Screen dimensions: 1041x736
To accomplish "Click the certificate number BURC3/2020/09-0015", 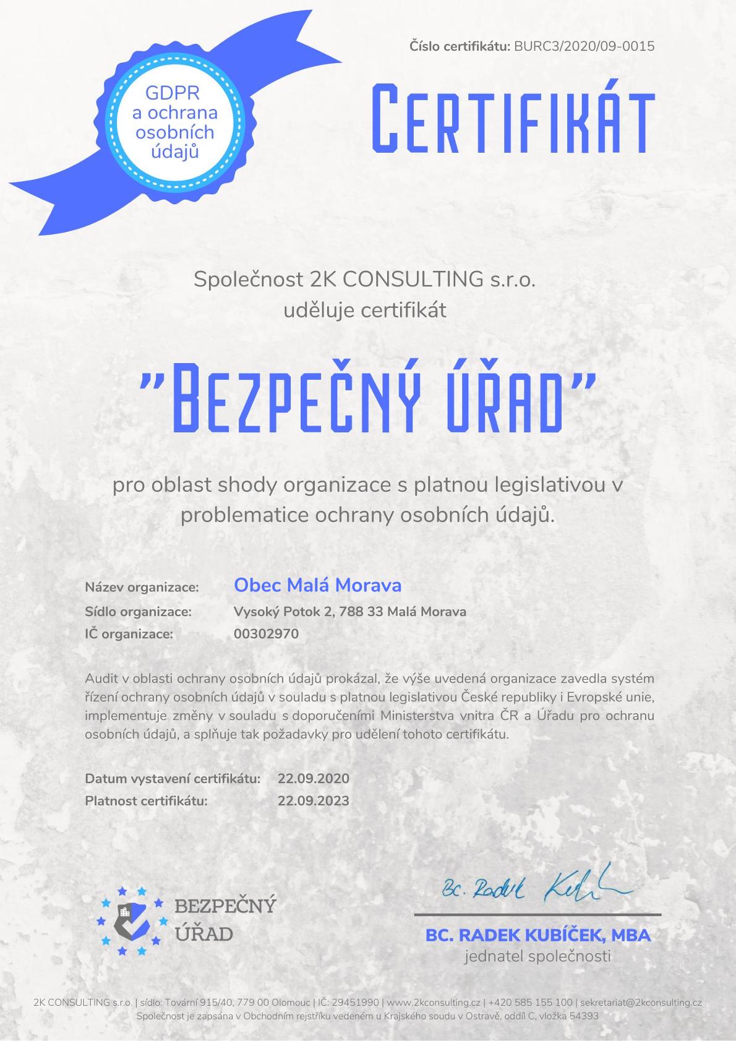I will coord(584,46).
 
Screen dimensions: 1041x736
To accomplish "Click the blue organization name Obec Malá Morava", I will coord(317,585).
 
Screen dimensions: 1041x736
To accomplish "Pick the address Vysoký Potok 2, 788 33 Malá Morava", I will coord(349,612).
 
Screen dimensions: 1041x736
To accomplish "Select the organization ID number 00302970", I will coord(266,634).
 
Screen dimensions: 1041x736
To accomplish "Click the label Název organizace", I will coord(142,587).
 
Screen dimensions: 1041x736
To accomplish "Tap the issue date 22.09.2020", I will coord(313,778).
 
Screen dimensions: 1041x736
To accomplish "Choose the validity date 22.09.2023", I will coord(313,800).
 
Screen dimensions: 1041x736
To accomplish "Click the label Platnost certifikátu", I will coord(146,800).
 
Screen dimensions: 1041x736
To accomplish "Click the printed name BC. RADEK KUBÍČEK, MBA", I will coord(537,935).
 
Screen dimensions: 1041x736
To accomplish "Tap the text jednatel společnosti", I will coord(537,956).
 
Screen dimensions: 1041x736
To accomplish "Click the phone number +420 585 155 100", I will coord(530,1003).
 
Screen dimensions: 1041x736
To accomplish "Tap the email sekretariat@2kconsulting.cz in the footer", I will coord(640,1003).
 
